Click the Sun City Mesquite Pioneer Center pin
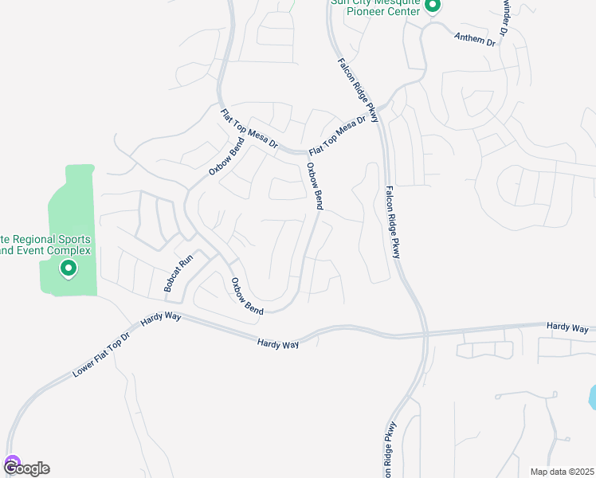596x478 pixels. (433, 7)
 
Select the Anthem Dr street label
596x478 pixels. (474, 38)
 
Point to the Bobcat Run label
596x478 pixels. (178, 272)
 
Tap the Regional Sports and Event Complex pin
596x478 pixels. (69, 270)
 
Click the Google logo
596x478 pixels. (26, 468)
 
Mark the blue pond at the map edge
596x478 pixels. (592, 397)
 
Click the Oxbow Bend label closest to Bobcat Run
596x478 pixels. (246, 296)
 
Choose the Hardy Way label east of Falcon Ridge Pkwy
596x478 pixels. (567, 327)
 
